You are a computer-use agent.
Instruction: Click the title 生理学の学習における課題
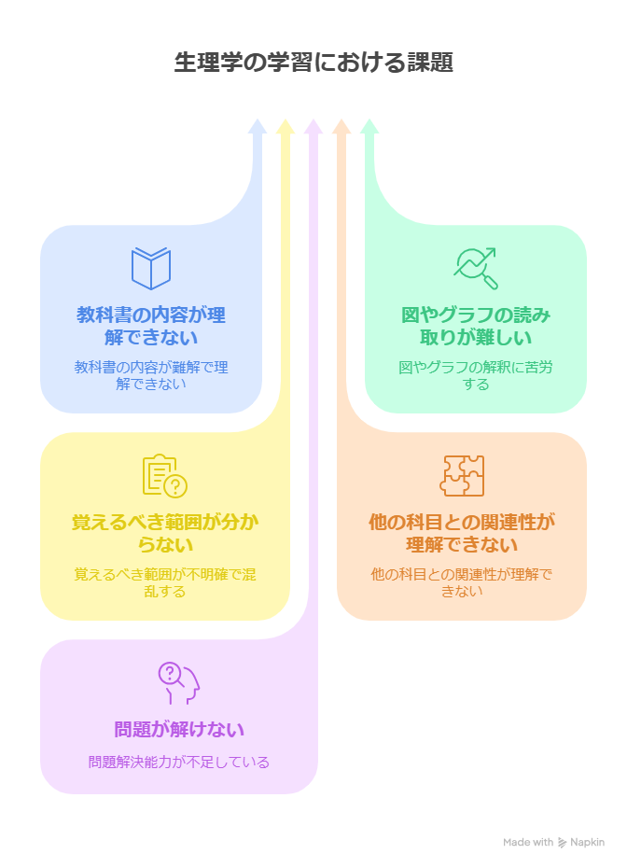[x=313, y=63]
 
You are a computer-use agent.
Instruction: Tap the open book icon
[x=151, y=269]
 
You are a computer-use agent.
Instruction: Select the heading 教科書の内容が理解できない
[x=151, y=326]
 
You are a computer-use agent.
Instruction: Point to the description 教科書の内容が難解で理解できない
[x=151, y=375]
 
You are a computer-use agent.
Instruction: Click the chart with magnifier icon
[x=476, y=269]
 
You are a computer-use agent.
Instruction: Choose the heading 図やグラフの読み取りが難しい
[x=476, y=326]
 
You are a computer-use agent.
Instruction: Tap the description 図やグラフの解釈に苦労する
[x=476, y=375]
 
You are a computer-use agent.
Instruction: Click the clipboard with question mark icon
[x=164, y=476]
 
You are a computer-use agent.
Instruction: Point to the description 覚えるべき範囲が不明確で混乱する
[x=164, y=582]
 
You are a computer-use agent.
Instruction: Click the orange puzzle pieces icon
[x=462, y=476]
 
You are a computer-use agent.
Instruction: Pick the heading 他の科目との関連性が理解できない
[x=462, y=533]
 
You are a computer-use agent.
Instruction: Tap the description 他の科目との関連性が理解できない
[x=462, y=582]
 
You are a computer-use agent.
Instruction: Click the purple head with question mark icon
[x=179, y=683]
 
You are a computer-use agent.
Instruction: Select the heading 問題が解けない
[x=179, y=729]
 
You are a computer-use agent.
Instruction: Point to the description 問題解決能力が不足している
[x=179, y=762]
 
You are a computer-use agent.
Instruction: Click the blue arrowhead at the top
[x=258, y=126]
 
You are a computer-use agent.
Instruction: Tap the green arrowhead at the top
[x=369, y=126]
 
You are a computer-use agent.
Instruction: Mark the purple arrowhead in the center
[x=313, y=126]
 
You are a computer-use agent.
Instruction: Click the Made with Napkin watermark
[x=553, y=842]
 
